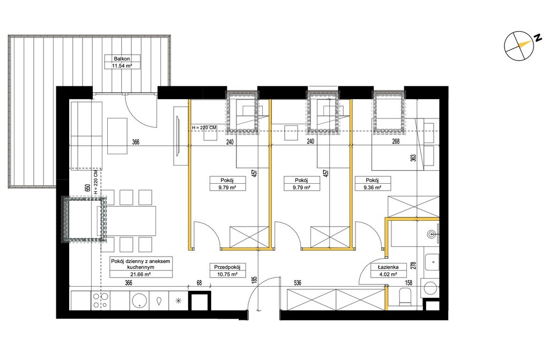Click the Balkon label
[x=122, y=59]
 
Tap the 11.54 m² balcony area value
[x=122, y=65]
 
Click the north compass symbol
[x=519, y=46]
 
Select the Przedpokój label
[x=227, y=267]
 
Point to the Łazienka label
[x=388, y=267]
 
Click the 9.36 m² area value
[x=372, y=187]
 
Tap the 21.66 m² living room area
[x=141, y=274]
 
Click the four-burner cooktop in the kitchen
[x=100, y=301]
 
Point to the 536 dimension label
[x=298, y=283]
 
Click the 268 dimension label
[x=396, y=141]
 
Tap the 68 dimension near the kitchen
[x=199, y=283]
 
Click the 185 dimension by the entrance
[x=255, y=280]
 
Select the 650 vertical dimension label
[x=87, y=187]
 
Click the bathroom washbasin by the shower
[x=433, y=234]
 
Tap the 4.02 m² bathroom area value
[x=388, y=274]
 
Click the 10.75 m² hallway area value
[x=227, y=274]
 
